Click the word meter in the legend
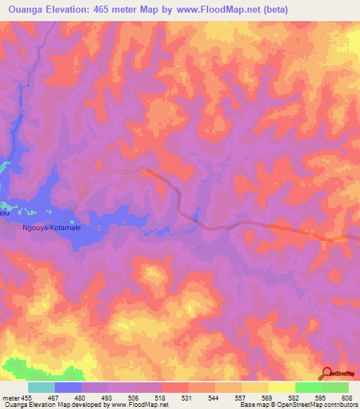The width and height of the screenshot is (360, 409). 11,397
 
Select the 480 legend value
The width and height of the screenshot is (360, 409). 81,397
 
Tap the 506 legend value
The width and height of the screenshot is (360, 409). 134,397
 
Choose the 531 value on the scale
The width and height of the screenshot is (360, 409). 188,397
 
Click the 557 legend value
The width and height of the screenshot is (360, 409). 241,397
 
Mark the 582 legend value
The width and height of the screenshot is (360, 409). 295,397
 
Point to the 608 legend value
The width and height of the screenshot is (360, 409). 347,397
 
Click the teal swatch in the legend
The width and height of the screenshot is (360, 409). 41,387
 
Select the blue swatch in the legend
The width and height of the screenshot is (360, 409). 68,387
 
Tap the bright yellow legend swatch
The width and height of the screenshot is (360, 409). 281,387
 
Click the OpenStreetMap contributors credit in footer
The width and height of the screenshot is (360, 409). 316,405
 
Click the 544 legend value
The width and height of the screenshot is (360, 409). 214,397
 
